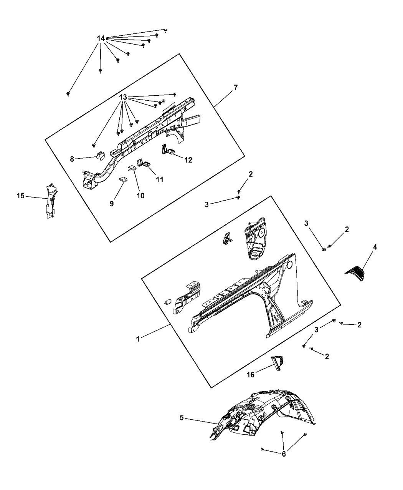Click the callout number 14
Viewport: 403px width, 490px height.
101,38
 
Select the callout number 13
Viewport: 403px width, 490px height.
123,97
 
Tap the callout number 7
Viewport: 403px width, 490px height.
236,88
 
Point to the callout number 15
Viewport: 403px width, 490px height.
21,196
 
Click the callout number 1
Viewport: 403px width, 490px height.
138,339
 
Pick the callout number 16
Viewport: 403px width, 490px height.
251,375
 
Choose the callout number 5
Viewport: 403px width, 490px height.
182,417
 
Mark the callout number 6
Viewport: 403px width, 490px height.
284,454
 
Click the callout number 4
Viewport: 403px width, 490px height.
375,247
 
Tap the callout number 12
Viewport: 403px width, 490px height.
188,160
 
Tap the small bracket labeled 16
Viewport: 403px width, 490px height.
277,366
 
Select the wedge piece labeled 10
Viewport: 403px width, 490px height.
132,168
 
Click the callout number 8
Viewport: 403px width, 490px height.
72,159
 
